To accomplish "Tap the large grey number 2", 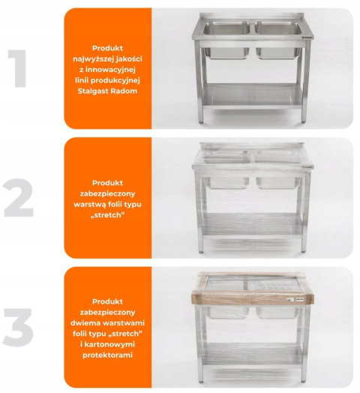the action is pyautogui.click(x=19, y=198).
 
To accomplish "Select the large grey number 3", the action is pyautogui.click(x=18, y=328).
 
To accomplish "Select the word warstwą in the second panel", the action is pyautogui.click(x=89, y=205).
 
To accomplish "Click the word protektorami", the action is pyautogui.click(x=107, y=355).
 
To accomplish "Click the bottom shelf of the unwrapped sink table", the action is pyautogui.click(x=252, y=96).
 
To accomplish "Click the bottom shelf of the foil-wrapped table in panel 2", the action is pyautogui.click(x=252, y=226).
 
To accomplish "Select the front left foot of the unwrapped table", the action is pyautogui.click(x=201, y=122).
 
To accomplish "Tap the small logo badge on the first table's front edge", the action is pyautogui.click(x=308, y=37).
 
